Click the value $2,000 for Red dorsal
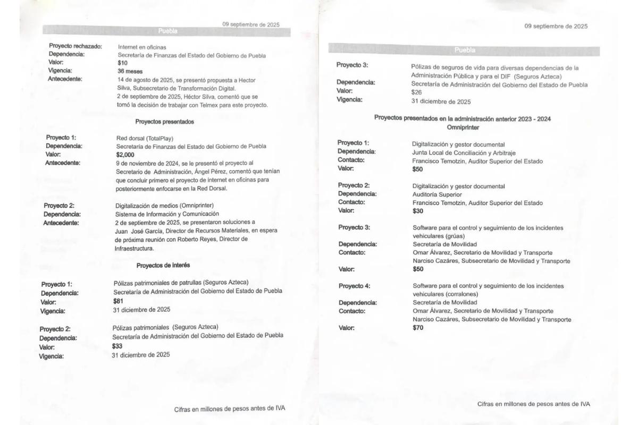[125, 155]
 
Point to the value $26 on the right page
[416, 92]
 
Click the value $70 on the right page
[418, 328]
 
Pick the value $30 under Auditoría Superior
[418, 211]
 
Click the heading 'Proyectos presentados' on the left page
[164, 122]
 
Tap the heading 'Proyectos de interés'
[163, 265]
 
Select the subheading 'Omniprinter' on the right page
[463, 127]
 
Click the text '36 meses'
[129, 71]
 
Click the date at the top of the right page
[556, 26]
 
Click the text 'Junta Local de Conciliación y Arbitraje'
[464, 152]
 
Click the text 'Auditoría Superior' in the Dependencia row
[438, 194]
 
